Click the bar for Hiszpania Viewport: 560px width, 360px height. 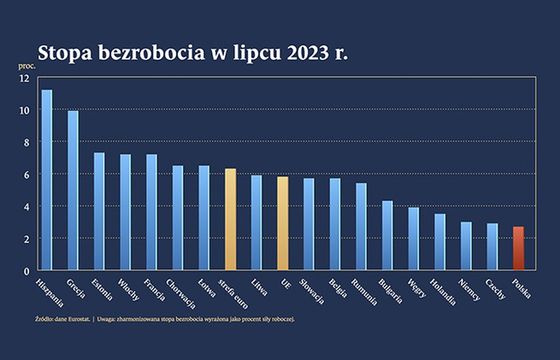coord(46,180)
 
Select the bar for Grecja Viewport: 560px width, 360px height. coord(73,190)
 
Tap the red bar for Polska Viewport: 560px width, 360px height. coord(517,248)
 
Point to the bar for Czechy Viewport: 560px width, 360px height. coord(491,246)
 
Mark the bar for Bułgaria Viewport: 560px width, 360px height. coord(387,235)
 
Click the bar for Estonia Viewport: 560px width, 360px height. coord(99,211)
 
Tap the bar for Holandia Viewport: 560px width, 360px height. coord(439,241)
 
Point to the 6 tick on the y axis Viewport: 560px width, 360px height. coord(26,174)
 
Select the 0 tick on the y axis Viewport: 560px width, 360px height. coord(26,270)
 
